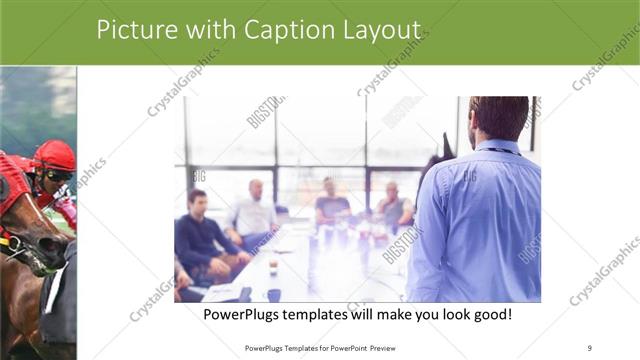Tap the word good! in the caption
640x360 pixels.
coord(490,315)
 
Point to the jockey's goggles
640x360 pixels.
coord(58,175)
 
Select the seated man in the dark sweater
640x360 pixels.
coord(200,235)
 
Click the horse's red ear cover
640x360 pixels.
coord(10,180)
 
